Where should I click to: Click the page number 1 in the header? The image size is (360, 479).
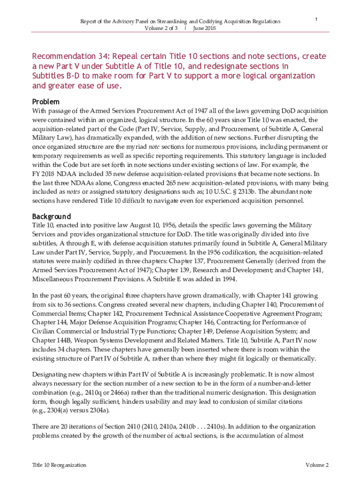click(x=317, y=20)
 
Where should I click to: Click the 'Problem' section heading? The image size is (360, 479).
click(x=45, y=102)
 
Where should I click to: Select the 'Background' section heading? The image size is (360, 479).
click(x=51, y=217)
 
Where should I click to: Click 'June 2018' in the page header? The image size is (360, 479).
click(x=204, y=28)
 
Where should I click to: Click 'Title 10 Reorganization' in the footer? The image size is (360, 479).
click(x=59, y=465)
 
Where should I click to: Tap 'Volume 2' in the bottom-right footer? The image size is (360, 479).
click(x=317, y=465)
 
